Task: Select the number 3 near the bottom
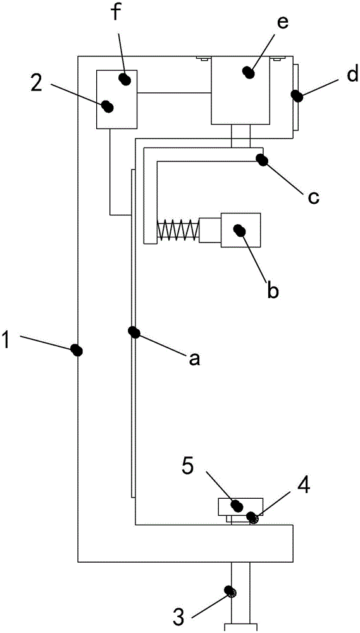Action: (179, 617)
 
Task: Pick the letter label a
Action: (194, 358)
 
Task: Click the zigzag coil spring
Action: (178, 231)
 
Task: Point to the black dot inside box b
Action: (239, 230)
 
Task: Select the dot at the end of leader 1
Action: (77, 349)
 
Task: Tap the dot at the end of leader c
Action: (263, 160)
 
